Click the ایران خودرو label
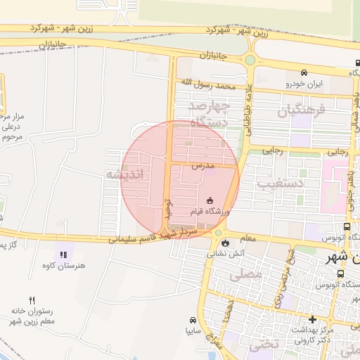[304, 84]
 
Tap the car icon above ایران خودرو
[304, 72]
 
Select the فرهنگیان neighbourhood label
[302, 110]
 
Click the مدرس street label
[202, 167]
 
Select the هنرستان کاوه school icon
[62, 254]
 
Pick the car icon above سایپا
[194, 318]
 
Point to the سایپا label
[193, 328]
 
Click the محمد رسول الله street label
[206, 84]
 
